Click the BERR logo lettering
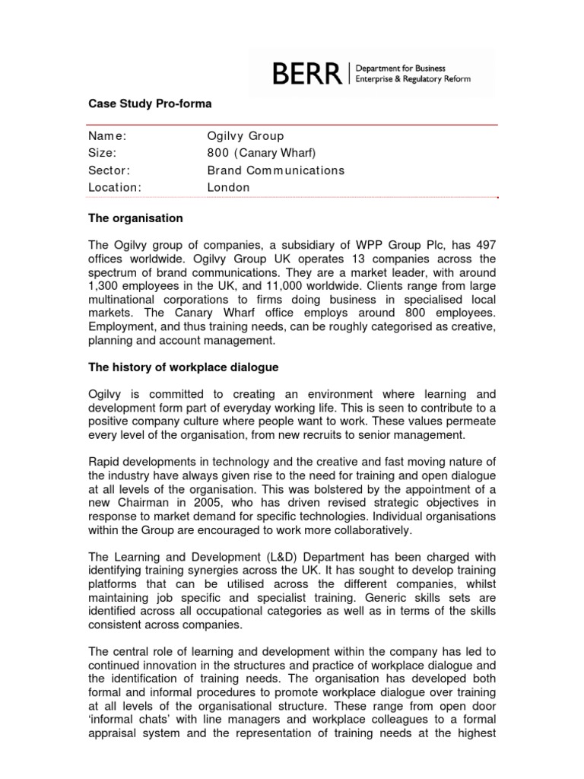click(x=306, y=75)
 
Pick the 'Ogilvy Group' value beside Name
click(x=245, y=136)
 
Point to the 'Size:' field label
click(x=103, y=153)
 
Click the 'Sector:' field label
click(x=109, y=170)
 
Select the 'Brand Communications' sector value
click(x=275, y=170)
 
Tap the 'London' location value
click(x=228, y=187)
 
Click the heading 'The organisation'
click(x=135, y=218)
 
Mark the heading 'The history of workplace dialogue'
click(x=183, y=367)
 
